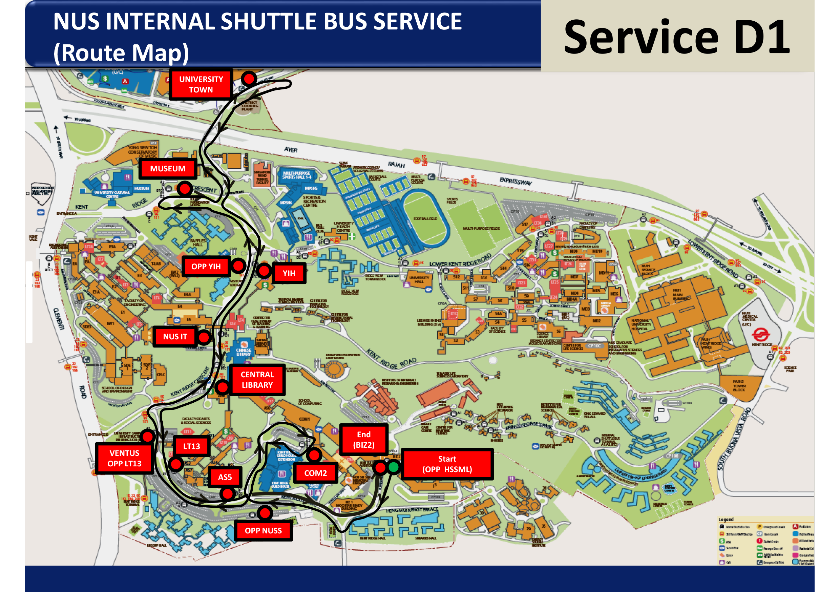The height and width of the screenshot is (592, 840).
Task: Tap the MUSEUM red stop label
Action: pyautogui.click(x=168, y=169)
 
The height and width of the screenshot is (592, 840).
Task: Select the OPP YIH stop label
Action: pyautogui.click(x=206, y=266)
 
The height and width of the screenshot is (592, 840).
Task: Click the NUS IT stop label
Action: pyautogui.click(x=175, y=337)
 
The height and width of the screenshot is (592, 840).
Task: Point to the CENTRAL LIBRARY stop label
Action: pyautogui.click(x=257, y=380)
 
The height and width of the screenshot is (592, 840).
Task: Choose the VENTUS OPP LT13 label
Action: pyautogui.click(x=124, y=459)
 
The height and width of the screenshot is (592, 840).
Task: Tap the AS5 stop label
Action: pyautogui.click(x=225, y=477)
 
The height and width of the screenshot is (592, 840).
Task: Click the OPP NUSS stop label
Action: pyautogui.click(x=263, y=531)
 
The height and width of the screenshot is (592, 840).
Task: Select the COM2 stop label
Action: pyautogui.click(x=315, y=473)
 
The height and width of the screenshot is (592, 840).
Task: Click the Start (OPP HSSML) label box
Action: pyautogui.click(x=447, y=464)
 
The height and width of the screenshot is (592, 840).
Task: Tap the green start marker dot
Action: pyautogui.click(x=394, y=467)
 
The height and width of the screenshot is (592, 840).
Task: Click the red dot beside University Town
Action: pyautogui.click(x=249, y=78)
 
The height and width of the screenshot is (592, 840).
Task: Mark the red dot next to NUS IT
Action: pyautogui.click(x=204, y=337)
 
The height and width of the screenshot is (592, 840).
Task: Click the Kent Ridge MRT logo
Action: pyautogui.click(x=761, y=334)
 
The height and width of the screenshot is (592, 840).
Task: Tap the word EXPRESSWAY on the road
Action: pyautogui.click(x=516, y=181)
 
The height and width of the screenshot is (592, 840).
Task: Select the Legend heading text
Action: pyautogui.click(x=726, y=520)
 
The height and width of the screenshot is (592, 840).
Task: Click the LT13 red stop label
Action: pyautogui.click(x=191, y=446)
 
